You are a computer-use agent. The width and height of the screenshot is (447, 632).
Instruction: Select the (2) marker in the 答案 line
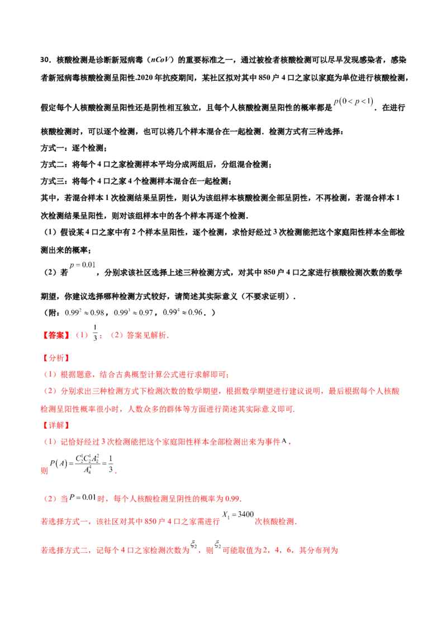[116, 336]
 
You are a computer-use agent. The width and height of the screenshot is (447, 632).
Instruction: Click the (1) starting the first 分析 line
[51, 374]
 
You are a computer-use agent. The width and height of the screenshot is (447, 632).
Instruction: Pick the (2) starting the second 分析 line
[51, 391]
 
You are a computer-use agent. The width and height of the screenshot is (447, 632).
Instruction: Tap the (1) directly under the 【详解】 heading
[51, 442]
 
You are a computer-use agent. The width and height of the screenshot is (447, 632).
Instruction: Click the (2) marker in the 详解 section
[51, 498]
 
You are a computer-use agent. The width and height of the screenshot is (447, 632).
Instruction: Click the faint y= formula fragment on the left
[83, 265]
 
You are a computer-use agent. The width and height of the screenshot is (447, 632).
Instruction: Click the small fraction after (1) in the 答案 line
[94, 337]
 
